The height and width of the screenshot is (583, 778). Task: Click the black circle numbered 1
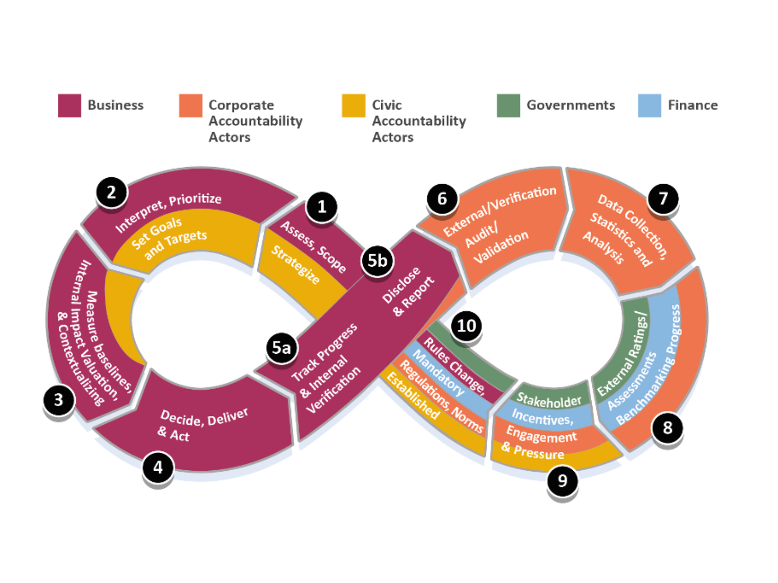pyautogui.click(x=321, y=207)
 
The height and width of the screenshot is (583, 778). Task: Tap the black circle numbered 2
pyautogui.click(x=111, y=192)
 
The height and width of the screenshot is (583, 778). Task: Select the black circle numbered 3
pyautogui.click(x=58, y=400)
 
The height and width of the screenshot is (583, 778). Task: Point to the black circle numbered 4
pyautogui.click(x=158, y=467)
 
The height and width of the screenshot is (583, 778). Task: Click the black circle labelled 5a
pyautogui.click(x=281, y=348)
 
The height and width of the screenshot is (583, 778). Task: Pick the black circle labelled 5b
pyautogui.click(x=377, y=261)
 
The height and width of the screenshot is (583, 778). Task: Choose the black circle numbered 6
pyautogui.click(x=442, y=198)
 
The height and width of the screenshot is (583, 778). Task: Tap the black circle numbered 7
pyautogui.click(x=663, y=198)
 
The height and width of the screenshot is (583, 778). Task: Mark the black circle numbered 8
pyautogui.click(x=668, y=428)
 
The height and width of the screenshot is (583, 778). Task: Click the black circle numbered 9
pyautogui.click(x=563, y=480)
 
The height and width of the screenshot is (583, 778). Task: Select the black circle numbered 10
pyautogui.click(x=466, y=326)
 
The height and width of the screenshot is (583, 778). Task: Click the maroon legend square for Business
pyautogui.click(x=70, y=105)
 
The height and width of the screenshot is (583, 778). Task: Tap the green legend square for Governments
pyautogui.click(x=508, y=105)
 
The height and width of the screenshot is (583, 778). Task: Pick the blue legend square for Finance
pyautogui.click(x=650, y=105)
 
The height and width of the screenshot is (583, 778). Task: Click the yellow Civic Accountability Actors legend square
pyautogui.click(x=354, y=105)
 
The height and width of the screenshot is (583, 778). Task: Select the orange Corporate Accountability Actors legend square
pyautogui.click(x=191, y=105)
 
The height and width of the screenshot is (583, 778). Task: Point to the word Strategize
pyautogui.click(x=296, y=265)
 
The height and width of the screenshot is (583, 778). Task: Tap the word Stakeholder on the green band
pyautogui.click(x=549, y=400)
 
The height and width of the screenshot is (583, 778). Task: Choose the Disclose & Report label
pyautogui.click(x=407, y=291)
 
